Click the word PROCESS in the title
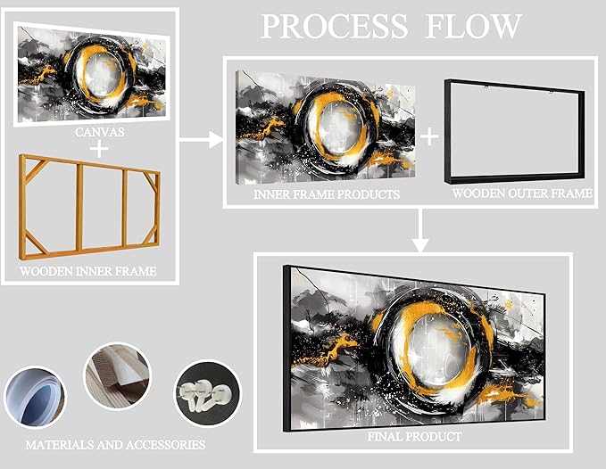(x=335, y=26)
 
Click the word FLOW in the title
(x=473, y=26)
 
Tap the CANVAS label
(x=100, y=132)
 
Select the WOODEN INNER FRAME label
(x=88, y=271)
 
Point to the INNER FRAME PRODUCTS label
(x=327, y=193)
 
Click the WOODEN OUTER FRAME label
(x=522, y=193)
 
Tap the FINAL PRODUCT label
(x=414, y=437)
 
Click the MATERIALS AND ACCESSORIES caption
(x=115, y=445)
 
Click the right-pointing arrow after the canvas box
(x=201, y=139)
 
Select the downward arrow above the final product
(x=420, y=230)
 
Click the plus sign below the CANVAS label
(x=100, y=149)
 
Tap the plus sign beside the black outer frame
(x=429, y=136)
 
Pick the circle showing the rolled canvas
(x=35, y=397)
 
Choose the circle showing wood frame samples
(x=118, y=376)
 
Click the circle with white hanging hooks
(x=208, y=393)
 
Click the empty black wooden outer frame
(x=447, y=131)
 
